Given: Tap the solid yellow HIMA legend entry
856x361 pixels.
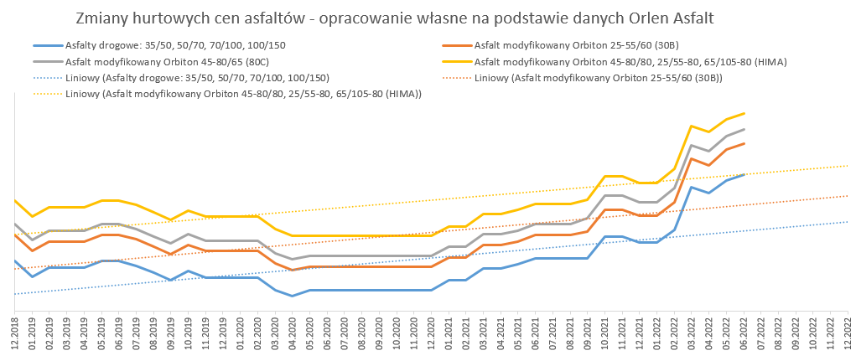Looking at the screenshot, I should pyautogui.click(x=629, y=62).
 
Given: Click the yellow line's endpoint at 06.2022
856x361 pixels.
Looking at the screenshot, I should pyautogui.click(x=744, y=113).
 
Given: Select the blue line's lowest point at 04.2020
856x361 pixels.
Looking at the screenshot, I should pyautogui.click(x=292, y=296).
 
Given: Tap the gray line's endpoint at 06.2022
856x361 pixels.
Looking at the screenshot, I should pyautogui.click(x=744, y=129).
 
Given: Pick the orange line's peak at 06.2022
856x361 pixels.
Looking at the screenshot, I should pyautogui.click(x=744, y=143).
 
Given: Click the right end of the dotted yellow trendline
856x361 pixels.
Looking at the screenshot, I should pyautogui.click(x=848, y=165).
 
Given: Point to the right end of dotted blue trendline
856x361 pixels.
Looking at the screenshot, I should pyautogui.click(x=848, y=221).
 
